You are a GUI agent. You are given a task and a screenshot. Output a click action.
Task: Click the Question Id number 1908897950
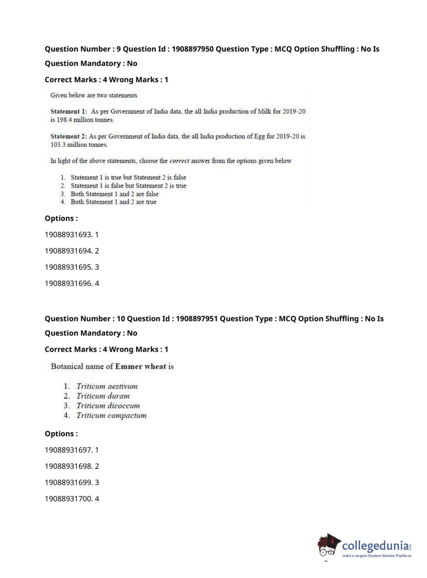click(192, 49)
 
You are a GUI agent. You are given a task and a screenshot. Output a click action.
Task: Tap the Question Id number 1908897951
click(197, 319)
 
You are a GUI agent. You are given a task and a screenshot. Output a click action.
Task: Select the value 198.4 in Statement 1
click(64, 120)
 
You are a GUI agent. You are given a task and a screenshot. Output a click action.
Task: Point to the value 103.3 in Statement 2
click(58, 144)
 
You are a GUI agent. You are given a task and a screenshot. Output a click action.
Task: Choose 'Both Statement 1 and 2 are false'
click(114, 194)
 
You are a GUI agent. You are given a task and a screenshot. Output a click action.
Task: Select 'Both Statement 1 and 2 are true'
click(113, 202)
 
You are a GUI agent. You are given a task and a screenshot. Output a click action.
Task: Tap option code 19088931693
click(68, 235)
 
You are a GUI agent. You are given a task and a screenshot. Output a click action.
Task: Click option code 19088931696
click(68, 283)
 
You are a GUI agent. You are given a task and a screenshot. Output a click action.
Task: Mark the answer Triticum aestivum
click(107, 387)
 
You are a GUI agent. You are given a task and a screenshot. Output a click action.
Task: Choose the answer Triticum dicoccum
click(108, 406)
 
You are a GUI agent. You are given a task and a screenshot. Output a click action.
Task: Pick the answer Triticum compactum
click(111, 416)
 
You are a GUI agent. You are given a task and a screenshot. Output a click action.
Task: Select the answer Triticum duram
click(103, 396)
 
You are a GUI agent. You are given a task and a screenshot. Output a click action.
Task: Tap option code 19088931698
click(68, 466)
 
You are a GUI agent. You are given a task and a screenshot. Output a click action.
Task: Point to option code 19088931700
click(68, 499)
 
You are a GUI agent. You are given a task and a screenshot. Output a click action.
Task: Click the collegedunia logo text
click(375, 546)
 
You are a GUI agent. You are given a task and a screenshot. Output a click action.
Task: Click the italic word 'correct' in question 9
click(179, 161)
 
